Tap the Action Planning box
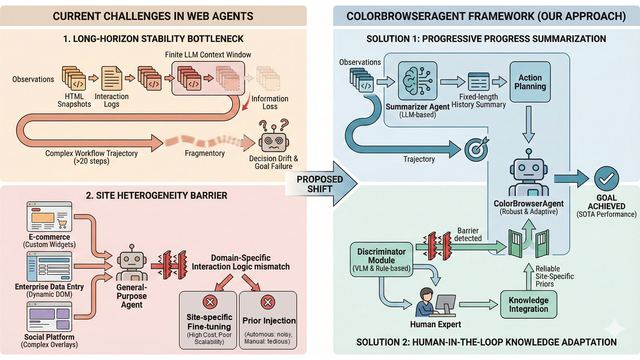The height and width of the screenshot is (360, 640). click(x=530, y=82)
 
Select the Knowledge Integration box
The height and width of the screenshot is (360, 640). click(x=528, y=304)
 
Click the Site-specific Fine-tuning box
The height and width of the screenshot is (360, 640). click(x=207, y=320)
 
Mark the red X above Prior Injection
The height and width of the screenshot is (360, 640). click(x=268, y=302)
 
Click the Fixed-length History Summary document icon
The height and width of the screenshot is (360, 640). click(x=478, y=82)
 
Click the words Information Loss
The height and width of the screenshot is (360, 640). click(x=270, y=102)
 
